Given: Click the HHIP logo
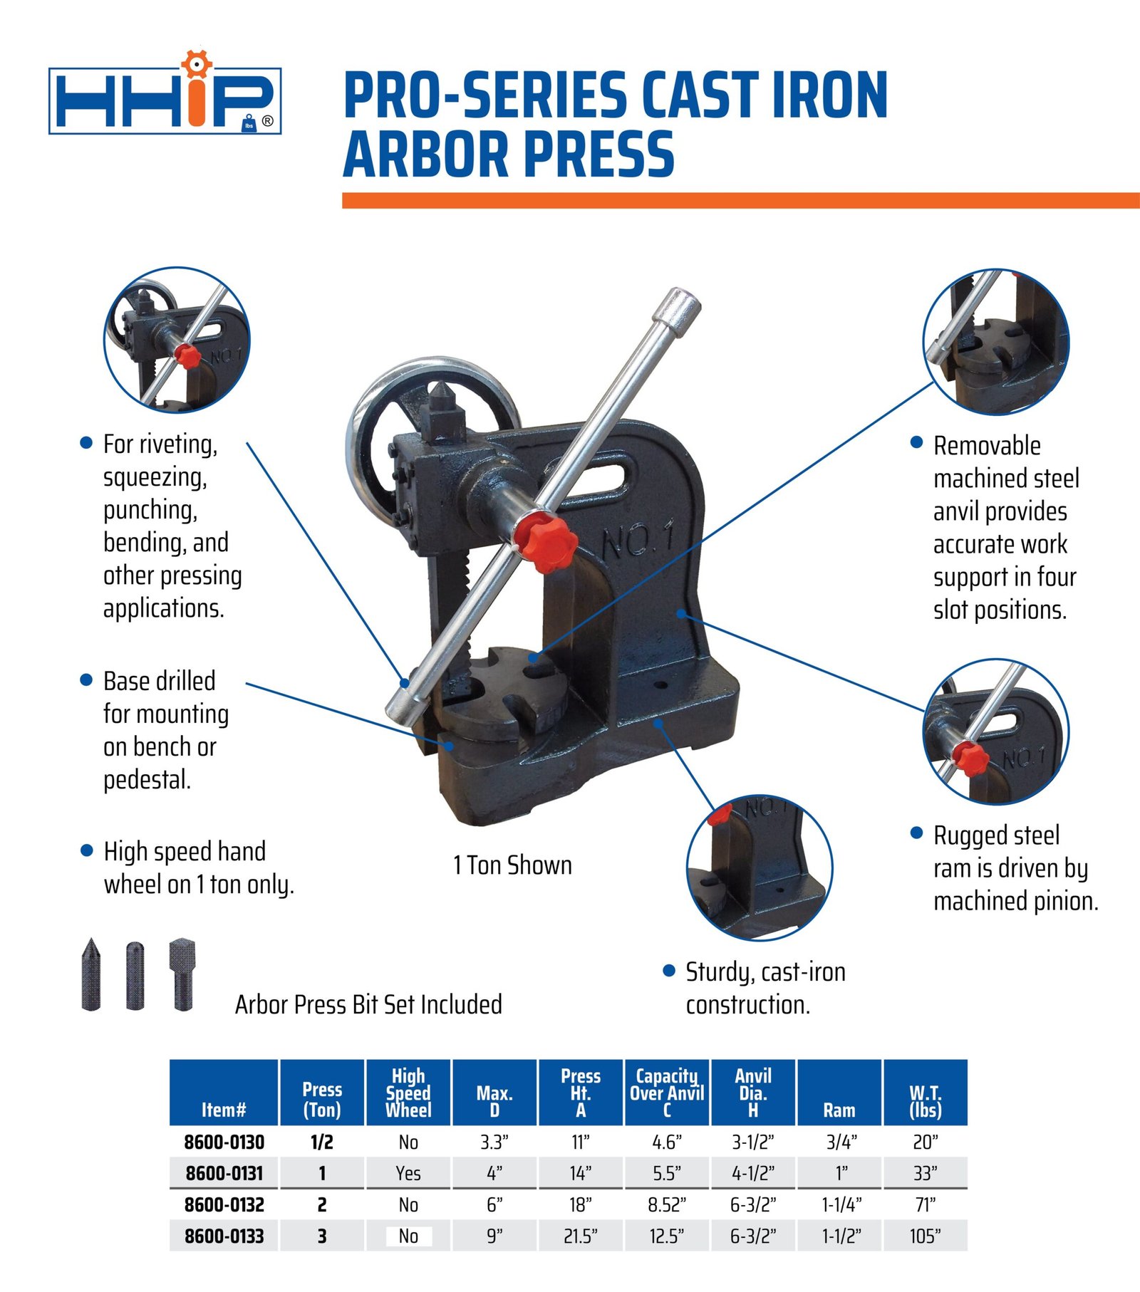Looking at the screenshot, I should tap(165, 98).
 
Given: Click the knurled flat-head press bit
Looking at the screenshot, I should tap(182, 972).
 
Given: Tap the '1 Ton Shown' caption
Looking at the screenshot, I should tap(512, 865).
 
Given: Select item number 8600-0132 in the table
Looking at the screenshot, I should tap(224, 1204).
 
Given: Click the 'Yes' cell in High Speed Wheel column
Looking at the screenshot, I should tap(408, 1173).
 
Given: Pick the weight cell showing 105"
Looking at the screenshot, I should tap(925, 1236).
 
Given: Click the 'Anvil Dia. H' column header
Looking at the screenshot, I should tap(753, 1093).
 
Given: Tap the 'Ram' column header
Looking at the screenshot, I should tap(839, 1110).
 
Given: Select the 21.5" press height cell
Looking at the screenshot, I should tap(581, 1236).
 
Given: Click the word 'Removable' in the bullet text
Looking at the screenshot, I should tap(987, 446).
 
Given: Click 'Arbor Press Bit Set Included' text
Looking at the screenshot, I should tap(368, 1004).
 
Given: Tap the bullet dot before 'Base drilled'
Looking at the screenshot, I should tap(86, 680).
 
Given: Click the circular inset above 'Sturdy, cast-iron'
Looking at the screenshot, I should tap(760, 868).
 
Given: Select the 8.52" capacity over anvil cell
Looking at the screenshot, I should tap(667, 1204).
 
